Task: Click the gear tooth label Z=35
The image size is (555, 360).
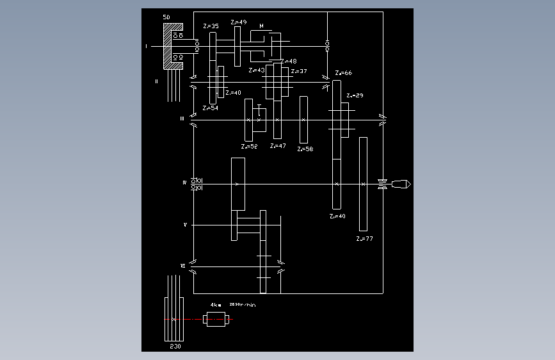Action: (211, 26)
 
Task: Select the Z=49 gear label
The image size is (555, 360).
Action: (239, 22)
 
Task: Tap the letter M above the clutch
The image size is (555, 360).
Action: (261, 26)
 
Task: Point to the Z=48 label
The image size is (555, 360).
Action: (289, 61)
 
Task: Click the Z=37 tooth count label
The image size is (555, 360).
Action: (299, 71)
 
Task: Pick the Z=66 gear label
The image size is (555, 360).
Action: (344, 73)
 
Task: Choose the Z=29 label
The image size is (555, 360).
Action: (355, 95)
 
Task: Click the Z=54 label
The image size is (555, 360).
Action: (210, 108)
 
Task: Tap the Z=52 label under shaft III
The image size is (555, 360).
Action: (250, 147)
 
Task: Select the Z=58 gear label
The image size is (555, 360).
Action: (305, 149)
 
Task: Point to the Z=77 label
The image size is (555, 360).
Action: (364, 238)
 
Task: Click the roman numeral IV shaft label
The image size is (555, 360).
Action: (184, 183)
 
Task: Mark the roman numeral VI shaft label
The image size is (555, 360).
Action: (183, 265)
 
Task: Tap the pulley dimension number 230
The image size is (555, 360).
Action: (175, 346)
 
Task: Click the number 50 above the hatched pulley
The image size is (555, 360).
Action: (166, 17)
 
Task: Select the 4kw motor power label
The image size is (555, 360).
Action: (216, 306)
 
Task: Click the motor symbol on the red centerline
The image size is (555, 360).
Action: (216, 319)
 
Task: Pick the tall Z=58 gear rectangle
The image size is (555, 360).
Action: (303, 120)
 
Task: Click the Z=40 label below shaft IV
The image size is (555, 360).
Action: (337, 217)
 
